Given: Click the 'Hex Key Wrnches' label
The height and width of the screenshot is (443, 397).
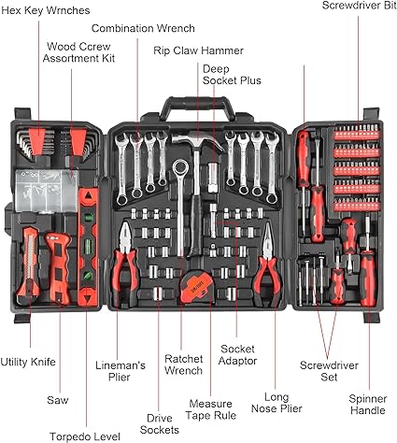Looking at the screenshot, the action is click(46, 10).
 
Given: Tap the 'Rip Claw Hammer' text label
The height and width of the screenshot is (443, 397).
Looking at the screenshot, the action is click(198, 50).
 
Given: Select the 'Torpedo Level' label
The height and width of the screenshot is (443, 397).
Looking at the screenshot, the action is click(85, 436).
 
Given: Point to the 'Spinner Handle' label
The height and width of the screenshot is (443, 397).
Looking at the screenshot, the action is click(368, 405).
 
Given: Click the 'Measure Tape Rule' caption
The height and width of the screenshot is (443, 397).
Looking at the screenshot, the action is click(211, 409).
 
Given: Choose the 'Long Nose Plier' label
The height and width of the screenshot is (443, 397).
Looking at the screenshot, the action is click(276, 403).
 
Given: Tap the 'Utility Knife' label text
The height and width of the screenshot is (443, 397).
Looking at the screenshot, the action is click(28, 362).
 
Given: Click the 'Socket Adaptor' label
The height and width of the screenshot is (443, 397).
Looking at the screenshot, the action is click(237, 355).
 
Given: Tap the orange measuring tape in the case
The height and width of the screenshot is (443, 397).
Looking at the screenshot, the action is click(198, 287).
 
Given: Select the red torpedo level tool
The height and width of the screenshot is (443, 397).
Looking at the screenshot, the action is click(89, 247).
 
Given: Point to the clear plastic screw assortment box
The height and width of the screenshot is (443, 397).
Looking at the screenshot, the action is click(46, 191).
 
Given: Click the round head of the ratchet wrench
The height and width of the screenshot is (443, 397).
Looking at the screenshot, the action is click(180, 167).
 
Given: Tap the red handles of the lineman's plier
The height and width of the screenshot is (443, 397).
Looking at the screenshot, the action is click(125, 274).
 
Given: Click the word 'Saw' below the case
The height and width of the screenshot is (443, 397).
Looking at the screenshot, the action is click(58, 400).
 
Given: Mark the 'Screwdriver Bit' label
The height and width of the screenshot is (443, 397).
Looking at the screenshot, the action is click(359, 6).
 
